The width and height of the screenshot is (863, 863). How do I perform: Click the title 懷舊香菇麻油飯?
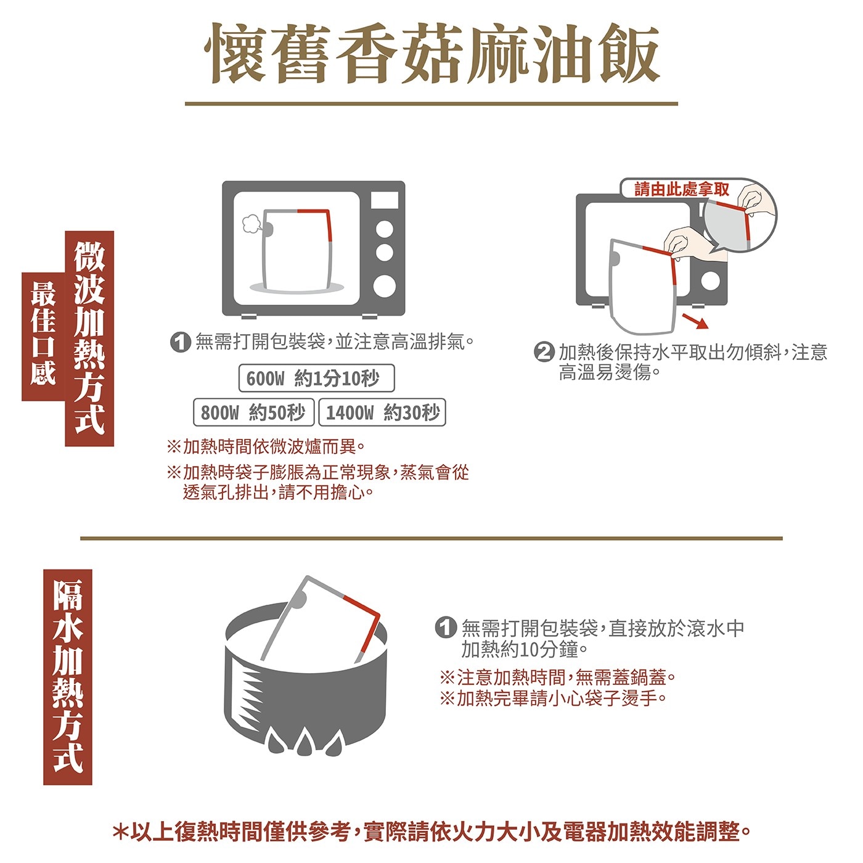pos(431,54)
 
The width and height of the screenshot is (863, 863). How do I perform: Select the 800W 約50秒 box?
pos(253,412)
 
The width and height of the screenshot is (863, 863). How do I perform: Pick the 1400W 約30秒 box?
pos(382,412)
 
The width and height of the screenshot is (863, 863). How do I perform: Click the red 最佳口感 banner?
pos(43,337)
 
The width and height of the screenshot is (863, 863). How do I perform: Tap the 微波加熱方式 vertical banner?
pos(89,338)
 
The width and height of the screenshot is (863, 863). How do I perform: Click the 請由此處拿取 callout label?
pos(682,189)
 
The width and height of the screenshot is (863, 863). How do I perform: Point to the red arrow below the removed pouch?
pos(695,321)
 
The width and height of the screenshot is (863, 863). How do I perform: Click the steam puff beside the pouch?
pos(252,224)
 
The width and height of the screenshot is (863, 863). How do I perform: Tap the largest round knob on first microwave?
pos(384,286)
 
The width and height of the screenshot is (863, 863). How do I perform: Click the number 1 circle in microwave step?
pos(181,343)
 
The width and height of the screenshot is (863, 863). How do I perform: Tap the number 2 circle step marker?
pos(544,353)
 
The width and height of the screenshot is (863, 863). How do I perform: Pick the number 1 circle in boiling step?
pos(446,627)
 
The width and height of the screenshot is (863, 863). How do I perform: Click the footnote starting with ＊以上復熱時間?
pos(431,832)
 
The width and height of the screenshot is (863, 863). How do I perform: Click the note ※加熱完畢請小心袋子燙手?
pos(553,698)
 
